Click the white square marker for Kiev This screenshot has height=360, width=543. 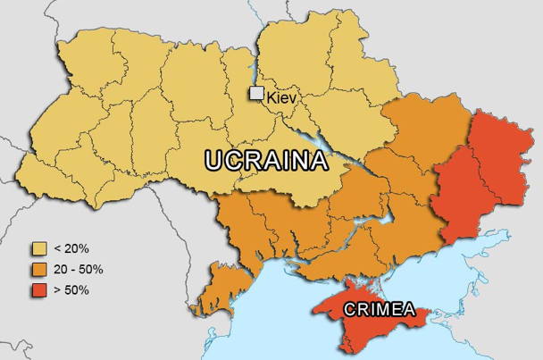pos(256,93)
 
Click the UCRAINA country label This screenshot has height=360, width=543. pos(266,160)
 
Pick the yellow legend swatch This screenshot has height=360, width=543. pos(39,247)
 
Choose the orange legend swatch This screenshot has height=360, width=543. pos(39,269)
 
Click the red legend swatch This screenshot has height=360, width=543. pos(39,290)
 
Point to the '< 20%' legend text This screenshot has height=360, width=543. pos(73,247)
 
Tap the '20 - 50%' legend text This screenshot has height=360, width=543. pos(79,269)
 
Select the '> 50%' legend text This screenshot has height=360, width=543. pos(73,290)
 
